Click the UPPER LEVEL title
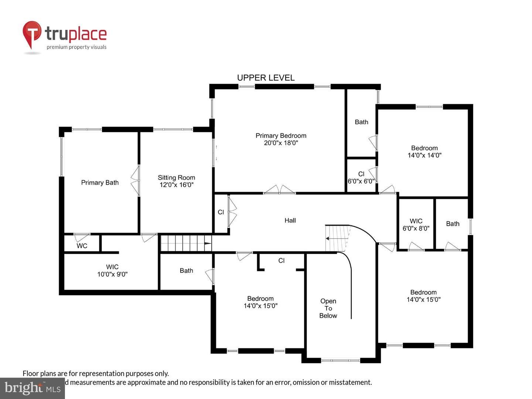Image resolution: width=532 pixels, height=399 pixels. click(x=266, y=78)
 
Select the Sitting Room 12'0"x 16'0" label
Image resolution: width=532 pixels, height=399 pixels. click(x=177, y=181)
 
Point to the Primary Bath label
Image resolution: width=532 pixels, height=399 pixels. click(x=100, y=183)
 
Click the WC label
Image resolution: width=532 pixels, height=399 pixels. click(x=82, y=246)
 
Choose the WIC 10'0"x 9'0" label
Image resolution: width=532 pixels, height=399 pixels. click(x=112, y=270)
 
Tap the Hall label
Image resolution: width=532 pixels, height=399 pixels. click(x=290, y=221)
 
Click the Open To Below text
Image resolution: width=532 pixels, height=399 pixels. click(x=328, y=308)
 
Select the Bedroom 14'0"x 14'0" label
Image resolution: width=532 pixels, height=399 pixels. click(x=424, y=151)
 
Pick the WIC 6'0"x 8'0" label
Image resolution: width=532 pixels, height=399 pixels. click(x=416, y=225)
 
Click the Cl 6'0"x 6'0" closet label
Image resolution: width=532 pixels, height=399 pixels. click(x=361, y=178)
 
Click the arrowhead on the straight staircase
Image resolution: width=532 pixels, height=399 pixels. click(x=208, y=243)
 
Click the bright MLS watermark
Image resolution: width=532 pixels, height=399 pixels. click(x=33, y=388)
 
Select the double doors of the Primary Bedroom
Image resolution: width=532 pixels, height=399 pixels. click(x=279, y=190)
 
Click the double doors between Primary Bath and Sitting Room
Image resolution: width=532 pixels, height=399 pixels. click(x=135, y=181)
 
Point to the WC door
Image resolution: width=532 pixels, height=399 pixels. click(x=82, y=238)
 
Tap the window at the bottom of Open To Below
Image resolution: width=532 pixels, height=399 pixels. click(x=341, y=361)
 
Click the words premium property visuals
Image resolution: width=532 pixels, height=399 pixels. click(x=76, y=47)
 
